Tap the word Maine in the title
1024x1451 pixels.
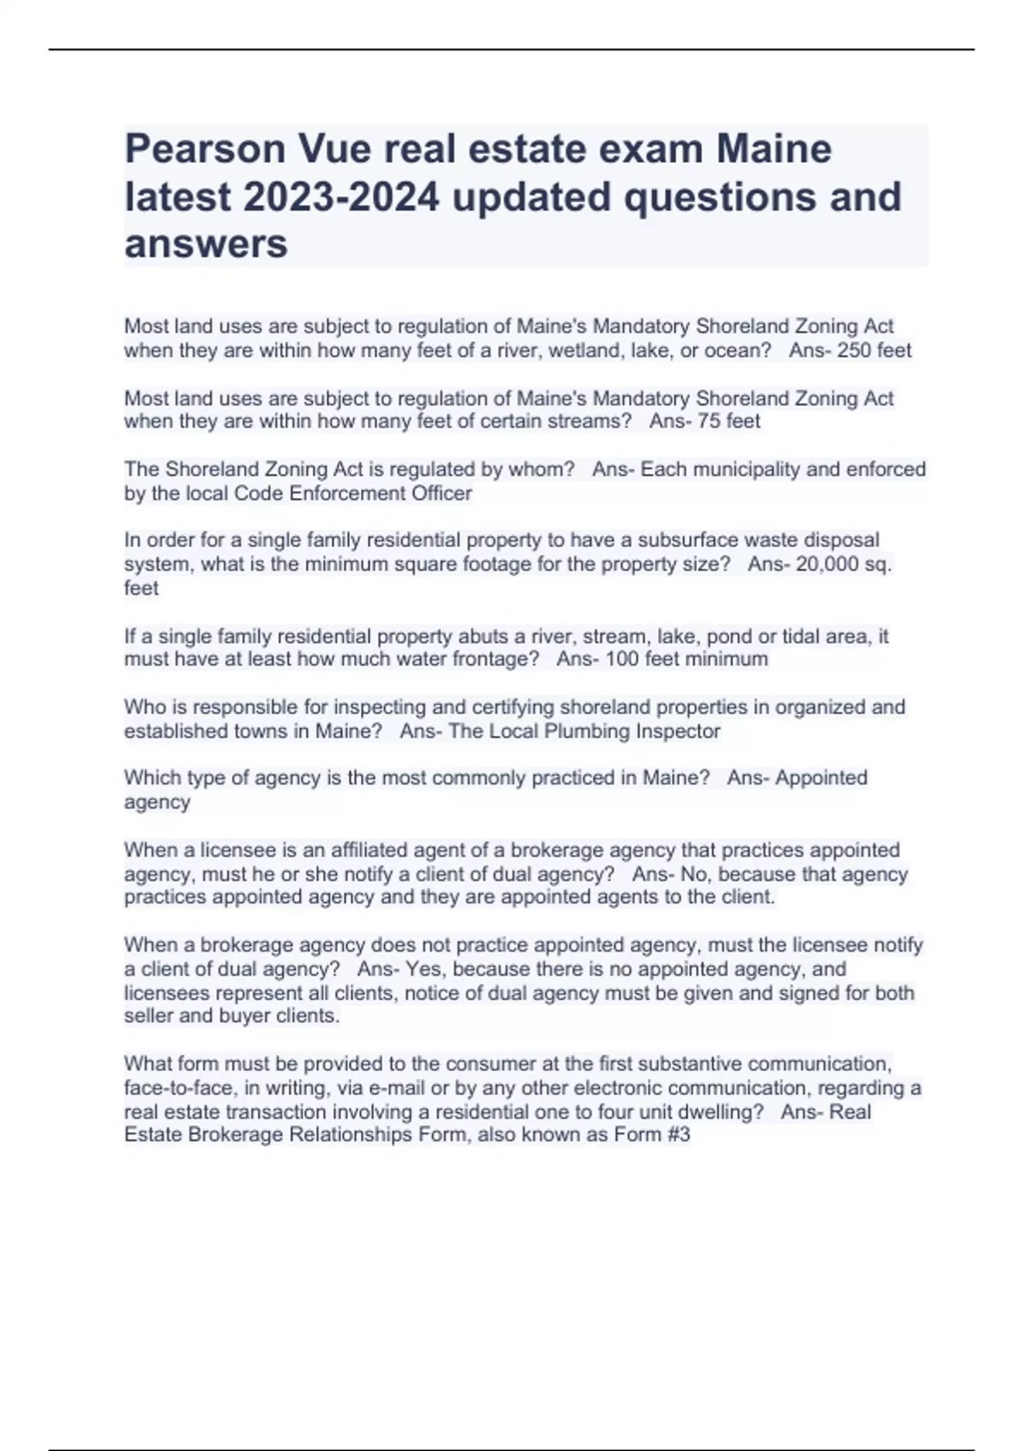(774, 150)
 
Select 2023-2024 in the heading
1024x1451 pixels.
(342, 197)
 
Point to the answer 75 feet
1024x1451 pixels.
(729, 421)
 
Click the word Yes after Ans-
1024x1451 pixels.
(422, 970)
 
